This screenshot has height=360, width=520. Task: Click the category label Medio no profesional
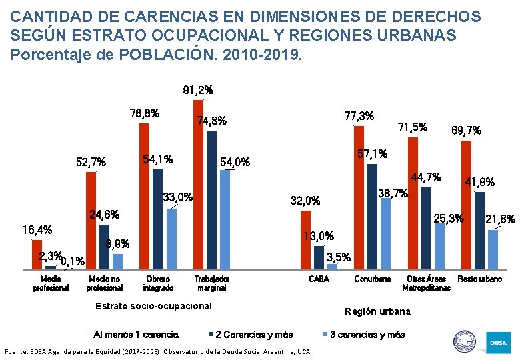pos(104,283)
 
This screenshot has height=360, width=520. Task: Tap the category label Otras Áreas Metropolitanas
pos(426,283)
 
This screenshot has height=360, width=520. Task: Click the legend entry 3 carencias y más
pos(367,334)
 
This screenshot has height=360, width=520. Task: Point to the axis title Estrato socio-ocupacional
pos(153,306)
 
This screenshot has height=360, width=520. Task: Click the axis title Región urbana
pos(377,311)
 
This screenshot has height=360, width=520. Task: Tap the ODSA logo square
pos(498,343)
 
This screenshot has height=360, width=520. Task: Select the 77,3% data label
pos(358,115)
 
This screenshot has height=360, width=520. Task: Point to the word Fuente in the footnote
pos(17,351)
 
